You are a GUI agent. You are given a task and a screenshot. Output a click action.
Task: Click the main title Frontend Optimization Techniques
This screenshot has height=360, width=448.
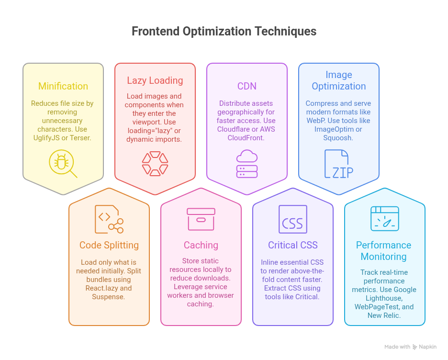[224, 32]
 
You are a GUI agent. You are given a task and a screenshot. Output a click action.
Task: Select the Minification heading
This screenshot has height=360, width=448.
[63, 86]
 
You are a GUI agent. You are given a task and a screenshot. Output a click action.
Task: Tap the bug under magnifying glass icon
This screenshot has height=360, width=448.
[63, 164]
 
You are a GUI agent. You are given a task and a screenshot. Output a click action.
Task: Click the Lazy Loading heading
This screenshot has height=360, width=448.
[155, 80]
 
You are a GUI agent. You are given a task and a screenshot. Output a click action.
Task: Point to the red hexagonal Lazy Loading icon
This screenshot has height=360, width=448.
[155, 164]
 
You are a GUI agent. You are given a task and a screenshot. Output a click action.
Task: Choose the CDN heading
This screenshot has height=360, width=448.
[247, 86]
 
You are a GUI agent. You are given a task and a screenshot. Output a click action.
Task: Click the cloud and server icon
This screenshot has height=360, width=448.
[247, 164]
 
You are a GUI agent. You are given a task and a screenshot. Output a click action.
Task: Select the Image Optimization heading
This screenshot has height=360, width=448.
[339, 80]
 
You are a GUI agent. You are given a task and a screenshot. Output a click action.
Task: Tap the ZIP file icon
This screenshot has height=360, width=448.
[339, 164]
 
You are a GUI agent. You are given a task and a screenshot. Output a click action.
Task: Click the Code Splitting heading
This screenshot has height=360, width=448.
[109, 245]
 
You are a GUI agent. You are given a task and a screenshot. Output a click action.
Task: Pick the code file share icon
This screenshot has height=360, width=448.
[109, 219]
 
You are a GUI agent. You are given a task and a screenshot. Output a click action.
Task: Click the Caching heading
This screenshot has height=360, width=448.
[201, 245]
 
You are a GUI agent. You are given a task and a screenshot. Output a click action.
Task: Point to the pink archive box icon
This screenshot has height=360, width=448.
[201, 219]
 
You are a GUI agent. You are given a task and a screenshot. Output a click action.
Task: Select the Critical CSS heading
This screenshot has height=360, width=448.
[293, 245]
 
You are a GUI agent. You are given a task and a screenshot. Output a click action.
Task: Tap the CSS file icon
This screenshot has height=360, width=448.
[293, 219]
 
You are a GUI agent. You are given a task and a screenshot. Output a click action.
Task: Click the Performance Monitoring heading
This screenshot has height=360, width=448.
[384, 251]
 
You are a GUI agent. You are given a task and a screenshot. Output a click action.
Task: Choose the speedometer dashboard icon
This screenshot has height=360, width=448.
[385, 219]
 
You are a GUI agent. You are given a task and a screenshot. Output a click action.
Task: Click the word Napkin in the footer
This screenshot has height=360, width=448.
[427, 347]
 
